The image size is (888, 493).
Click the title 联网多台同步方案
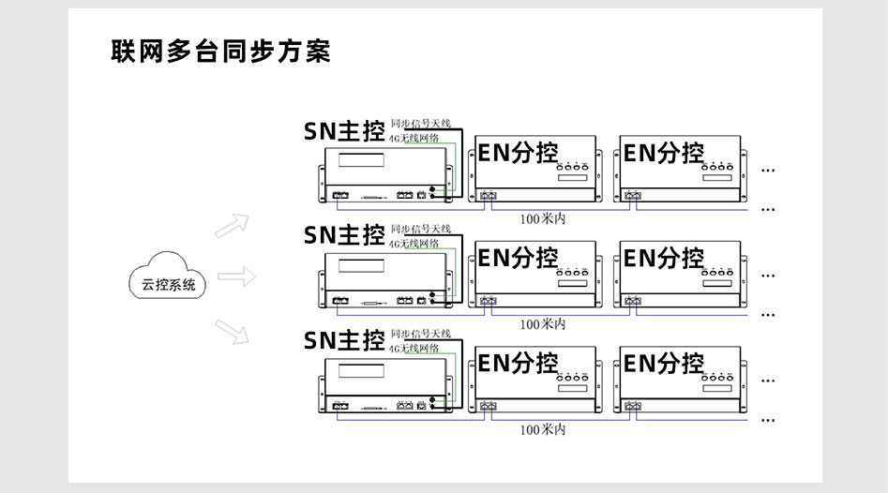[220, 51]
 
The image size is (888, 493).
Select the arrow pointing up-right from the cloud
[232, 226]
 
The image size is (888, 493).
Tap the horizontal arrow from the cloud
[236, 276]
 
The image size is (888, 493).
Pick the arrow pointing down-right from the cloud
[232, 331]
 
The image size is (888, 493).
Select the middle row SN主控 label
[343, 235]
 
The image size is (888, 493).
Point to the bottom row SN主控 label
[343, 339]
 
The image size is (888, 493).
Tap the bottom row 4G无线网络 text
[414, 348]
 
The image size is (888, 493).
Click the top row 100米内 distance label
[543, 218]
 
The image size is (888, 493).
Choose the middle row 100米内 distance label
[543, 323]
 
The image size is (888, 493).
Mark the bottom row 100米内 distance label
[543, 429]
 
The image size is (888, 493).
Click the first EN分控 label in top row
[518, 153]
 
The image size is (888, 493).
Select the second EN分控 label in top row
[664, 153]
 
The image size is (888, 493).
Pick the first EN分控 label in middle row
[518, 258]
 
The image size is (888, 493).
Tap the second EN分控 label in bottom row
[664, 363]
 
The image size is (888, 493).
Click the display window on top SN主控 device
[364, 159]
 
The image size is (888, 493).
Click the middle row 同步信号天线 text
[421, 229]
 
